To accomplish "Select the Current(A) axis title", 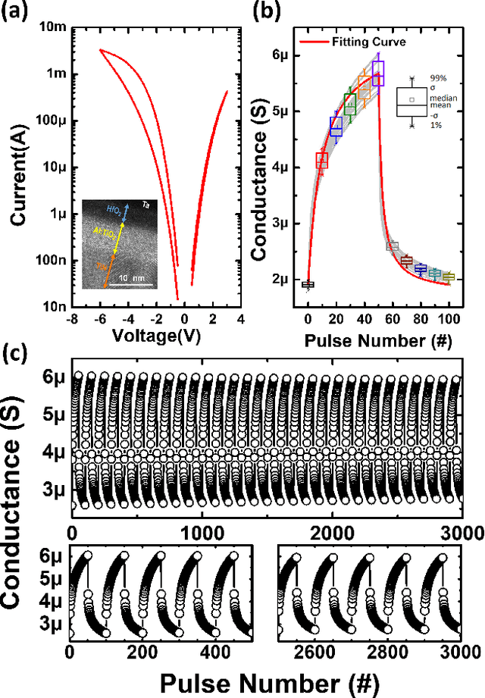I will (x=16, y=167).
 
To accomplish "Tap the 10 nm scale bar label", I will (x=132, y=279).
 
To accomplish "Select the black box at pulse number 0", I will (x=308, y=285).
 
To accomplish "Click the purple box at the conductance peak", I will (x=378, y=74).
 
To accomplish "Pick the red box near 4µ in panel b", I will (x=321, y=160).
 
